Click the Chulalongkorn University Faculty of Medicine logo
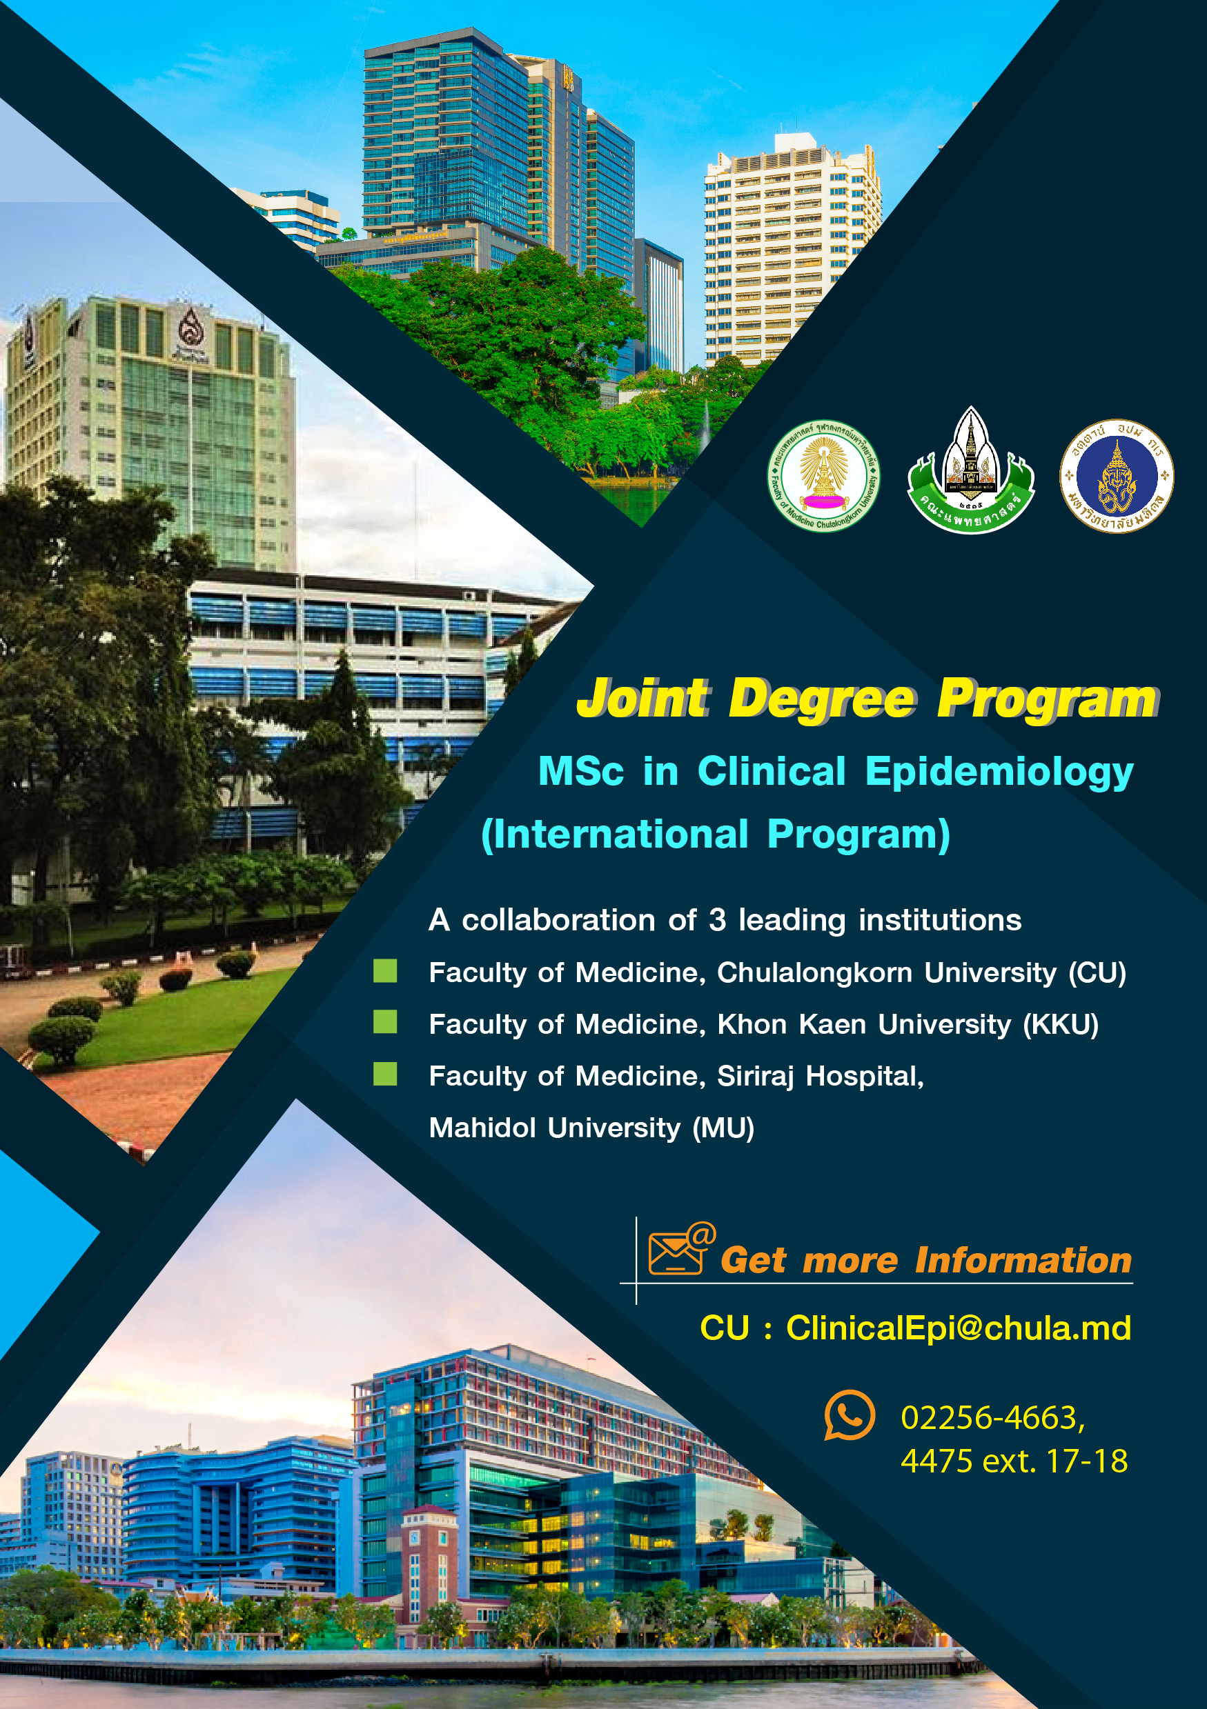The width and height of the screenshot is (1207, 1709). pyautogui.click(x=823, y=475)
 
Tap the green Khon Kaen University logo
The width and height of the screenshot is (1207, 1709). pyautogui.click(x=970, y=470)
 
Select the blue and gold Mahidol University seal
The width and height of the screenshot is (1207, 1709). pyautogui.click(x=1116, y=475)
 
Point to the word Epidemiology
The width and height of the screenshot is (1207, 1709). pyautogui.click(x=999, y=772)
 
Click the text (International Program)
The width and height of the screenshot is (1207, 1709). pyautogui.click(x=716, y=835)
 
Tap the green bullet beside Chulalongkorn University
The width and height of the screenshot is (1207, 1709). pyautogui.click(x=385, y=970)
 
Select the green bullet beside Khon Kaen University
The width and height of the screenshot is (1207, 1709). pyautogui.click(x=385, y=1022)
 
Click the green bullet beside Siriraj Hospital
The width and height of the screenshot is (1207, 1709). pyautogui.click(x=385, y=1074)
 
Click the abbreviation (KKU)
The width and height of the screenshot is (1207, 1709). pyautogui.click(x=1060, y=1024)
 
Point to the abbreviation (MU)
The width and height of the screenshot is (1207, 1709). pyautogui.click(x=723, y=1128)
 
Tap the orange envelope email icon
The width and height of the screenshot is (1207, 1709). pyautogui.click(x=681, y=1248)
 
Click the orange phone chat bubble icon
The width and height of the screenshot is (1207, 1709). pyautogui.click(x=849, y=1415)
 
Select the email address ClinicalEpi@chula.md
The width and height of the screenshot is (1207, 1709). pyautogui.click(x=959, y=1328)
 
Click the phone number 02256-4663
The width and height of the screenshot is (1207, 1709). pyautogui.click(x=992, y=1418)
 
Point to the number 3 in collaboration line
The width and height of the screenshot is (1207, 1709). pyautogui.click(x=717, y=920)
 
